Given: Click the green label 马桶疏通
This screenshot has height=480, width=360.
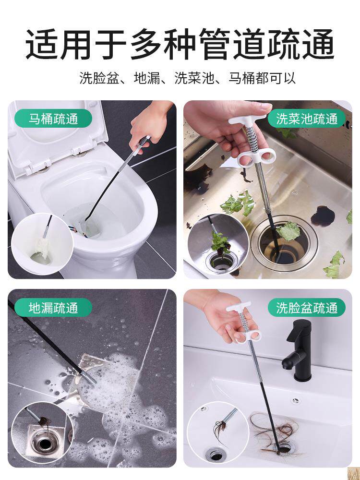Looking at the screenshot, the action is tap(53, 119).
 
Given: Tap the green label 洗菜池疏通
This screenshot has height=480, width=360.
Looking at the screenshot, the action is tap(307, 119).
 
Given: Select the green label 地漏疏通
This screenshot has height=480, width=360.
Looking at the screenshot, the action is tap(53, 307).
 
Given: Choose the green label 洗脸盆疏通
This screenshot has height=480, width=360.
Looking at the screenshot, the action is tap(307, 307).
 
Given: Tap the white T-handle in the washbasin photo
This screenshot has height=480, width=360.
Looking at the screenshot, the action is tap(238, 307).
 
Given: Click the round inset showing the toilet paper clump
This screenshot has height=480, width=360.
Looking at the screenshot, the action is tap(42, 244).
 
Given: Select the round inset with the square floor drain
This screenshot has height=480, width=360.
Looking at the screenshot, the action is tap(42, 432).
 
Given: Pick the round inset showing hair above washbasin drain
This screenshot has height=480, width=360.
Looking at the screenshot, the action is tap(217, 432).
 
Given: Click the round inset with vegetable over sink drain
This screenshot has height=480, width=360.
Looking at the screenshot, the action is tap(217, 244).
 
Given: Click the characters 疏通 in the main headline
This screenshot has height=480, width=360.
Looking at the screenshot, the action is tap(300, 44).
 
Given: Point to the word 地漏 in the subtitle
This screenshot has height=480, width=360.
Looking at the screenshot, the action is tap(147, 78).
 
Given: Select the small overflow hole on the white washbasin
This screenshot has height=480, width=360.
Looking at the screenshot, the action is tap(295, 401).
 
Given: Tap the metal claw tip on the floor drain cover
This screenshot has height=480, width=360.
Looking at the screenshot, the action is tap(88, 377).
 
